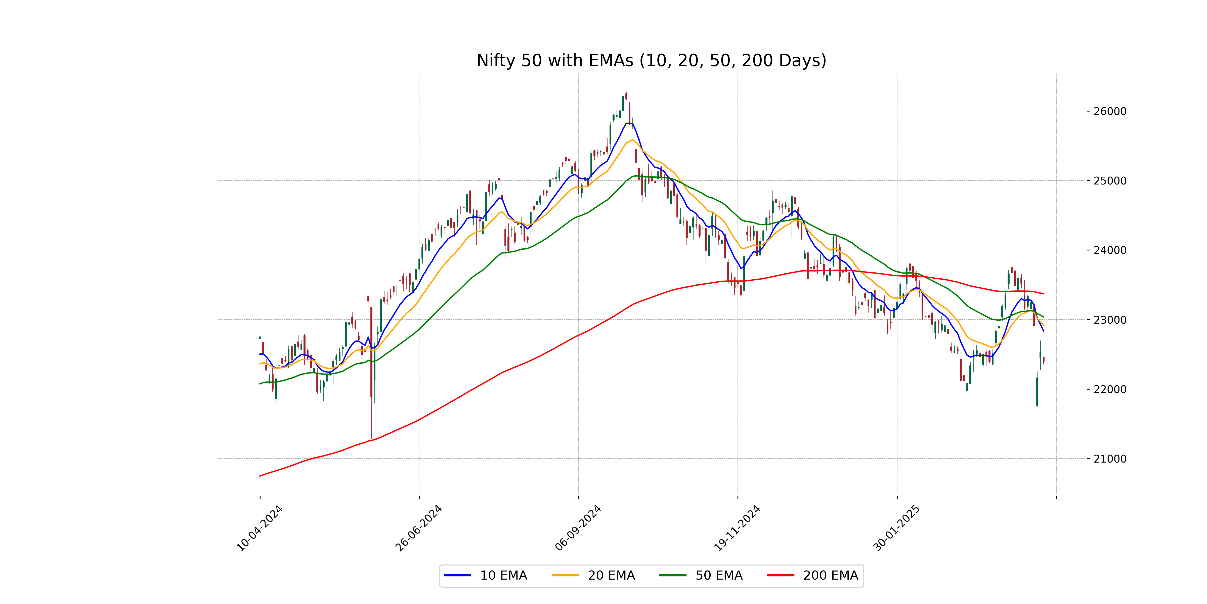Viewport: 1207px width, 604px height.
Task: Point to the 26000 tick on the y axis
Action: point(1109,111)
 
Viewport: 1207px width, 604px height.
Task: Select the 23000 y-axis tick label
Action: point(1109,320)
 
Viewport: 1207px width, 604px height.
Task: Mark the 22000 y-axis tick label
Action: point(1109,389)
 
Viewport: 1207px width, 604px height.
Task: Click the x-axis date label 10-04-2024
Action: point(259,528)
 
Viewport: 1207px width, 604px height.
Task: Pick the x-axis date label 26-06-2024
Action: point(418,528)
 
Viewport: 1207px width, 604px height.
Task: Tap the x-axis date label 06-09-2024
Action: point(578,528)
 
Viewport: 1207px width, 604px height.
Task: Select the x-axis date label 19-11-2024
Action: point(737,528)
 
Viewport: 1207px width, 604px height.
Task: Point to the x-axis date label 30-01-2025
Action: point(896,528)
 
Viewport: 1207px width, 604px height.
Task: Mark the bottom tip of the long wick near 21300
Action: point(371,438)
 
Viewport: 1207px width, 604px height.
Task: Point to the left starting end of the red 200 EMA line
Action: point(260,476)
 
